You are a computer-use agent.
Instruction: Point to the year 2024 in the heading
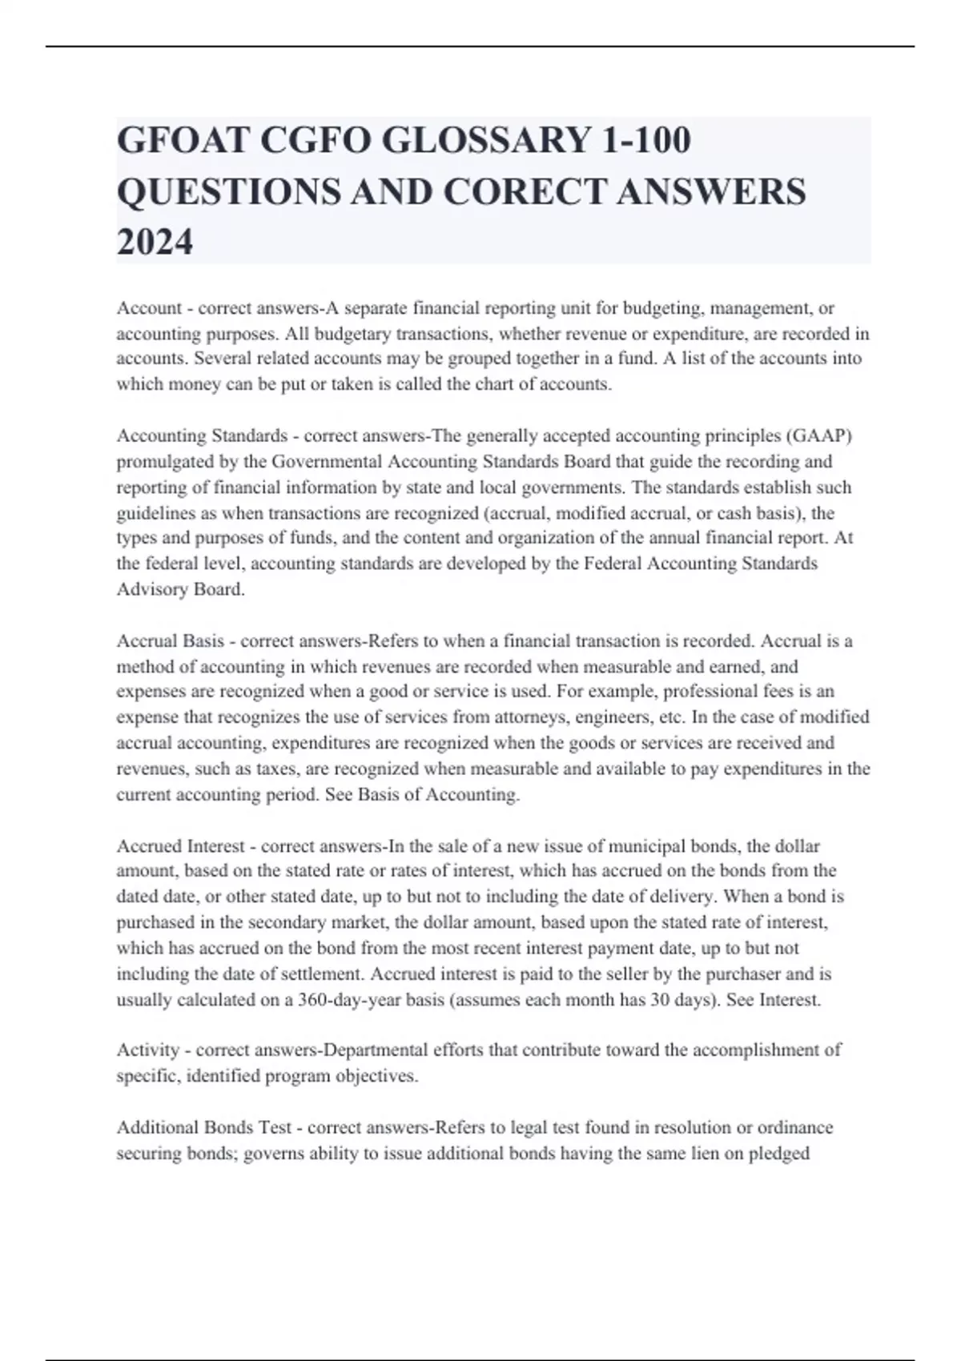(x=155, y=242)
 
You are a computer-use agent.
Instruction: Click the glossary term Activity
(x=148, y=1050)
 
